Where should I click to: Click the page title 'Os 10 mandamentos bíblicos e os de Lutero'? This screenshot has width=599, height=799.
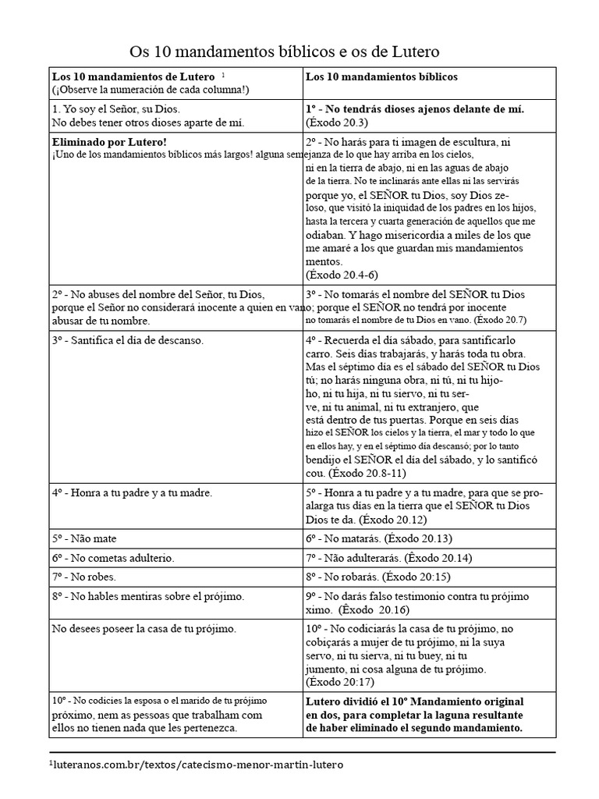coord(284,51)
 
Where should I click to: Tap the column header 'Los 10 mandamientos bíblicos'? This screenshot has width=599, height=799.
coord(381,77)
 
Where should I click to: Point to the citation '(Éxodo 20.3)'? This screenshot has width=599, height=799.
coord(337,123)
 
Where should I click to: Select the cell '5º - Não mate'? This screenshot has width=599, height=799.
coord(84,538)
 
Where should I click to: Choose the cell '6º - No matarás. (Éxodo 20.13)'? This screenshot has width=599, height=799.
coord(379,538)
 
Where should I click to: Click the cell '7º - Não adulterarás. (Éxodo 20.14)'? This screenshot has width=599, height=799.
coord(388,558)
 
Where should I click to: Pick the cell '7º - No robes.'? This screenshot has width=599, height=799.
coord(84,577)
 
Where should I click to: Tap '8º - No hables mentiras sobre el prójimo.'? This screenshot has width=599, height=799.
coord(148,597)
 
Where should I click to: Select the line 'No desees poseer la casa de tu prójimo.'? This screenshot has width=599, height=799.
coord(144,628)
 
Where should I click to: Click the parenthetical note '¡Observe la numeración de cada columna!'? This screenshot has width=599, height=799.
coord(151,90)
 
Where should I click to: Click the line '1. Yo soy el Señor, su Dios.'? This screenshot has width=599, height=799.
coord(117,109)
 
